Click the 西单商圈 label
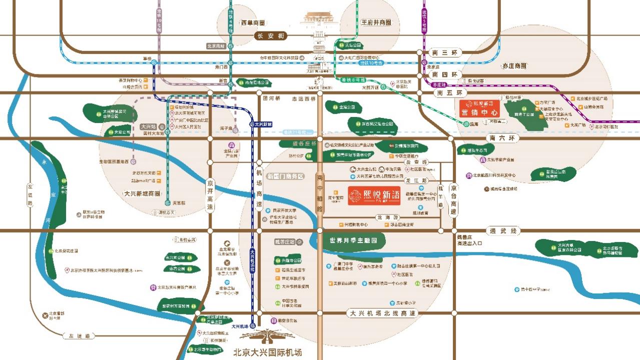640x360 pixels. (253, 23)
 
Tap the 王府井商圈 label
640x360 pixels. (376, 23)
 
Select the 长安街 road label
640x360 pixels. (270, 36)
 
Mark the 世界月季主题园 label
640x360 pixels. (357, 240)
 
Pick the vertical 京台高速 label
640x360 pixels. (453, 199)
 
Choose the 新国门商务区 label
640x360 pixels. (285, 176)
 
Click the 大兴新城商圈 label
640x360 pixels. (142, 193)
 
